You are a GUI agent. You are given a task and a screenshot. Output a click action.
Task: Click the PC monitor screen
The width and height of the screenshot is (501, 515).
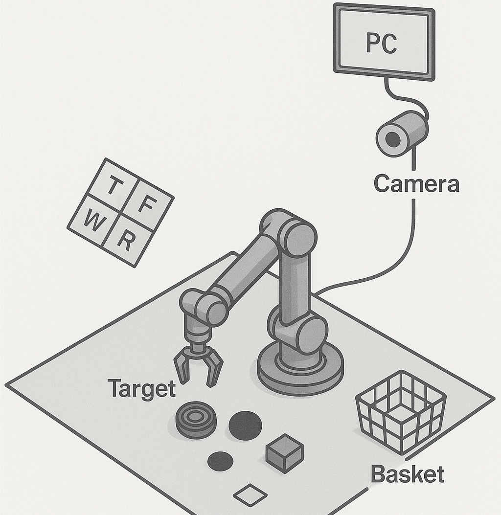384,59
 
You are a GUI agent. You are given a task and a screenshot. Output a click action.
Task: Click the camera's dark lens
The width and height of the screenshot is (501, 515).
392,140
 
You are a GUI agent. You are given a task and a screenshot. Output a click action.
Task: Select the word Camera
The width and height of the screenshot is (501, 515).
416,184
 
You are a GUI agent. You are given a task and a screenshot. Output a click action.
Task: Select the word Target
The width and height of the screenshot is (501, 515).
141,389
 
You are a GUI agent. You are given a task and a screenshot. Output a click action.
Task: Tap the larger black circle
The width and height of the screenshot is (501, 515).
245,424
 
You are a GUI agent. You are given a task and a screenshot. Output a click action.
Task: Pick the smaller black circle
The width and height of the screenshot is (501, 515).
220,460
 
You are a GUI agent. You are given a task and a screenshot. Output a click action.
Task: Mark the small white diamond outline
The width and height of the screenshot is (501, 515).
250,495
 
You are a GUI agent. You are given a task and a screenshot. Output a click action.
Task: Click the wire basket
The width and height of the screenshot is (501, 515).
400,410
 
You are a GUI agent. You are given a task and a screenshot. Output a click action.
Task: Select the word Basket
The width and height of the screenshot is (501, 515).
407,474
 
